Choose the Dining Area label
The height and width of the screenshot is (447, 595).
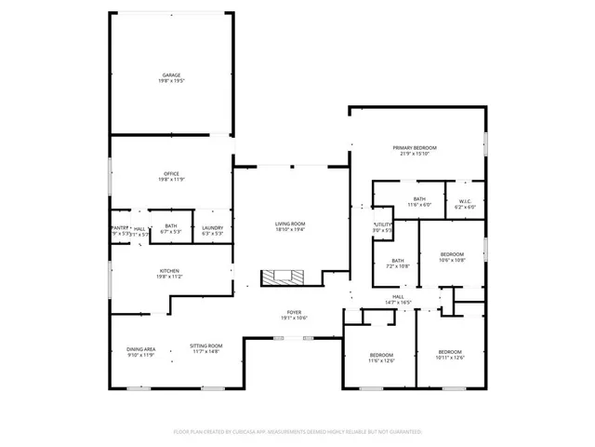pyautogui.click(x=141, y=351)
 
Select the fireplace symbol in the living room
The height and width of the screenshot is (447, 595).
pyautogui.click(x=282, y=277)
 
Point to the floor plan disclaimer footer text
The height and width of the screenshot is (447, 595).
pyautogui.click(x=297, y=432)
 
